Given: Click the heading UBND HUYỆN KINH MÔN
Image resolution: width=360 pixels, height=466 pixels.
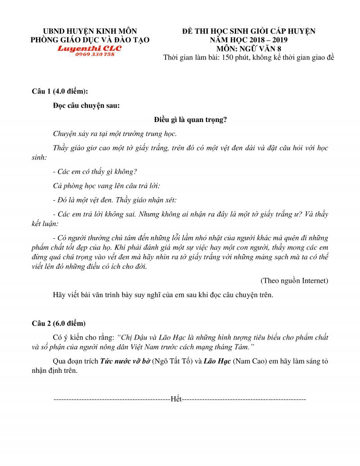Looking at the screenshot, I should click(x=90, y=32).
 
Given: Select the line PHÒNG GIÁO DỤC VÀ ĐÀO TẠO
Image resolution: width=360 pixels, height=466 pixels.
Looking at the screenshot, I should click(x=90, y=40).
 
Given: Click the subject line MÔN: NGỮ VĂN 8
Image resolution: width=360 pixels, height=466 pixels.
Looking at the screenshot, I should click(x=248, y=49).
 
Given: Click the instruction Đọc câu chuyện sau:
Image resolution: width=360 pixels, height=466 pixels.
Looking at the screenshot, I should click(x=86, y=106).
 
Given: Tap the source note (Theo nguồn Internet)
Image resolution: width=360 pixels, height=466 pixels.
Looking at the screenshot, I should click(x=294, y=281).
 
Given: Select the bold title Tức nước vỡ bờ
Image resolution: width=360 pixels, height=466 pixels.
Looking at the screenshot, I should click(x=126, y=361).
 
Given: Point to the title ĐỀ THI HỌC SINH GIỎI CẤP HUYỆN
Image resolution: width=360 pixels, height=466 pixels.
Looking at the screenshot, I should click(x=248, y=32).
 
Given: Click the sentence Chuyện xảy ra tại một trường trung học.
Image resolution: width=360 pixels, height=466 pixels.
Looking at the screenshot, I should click(x=115, y=134).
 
